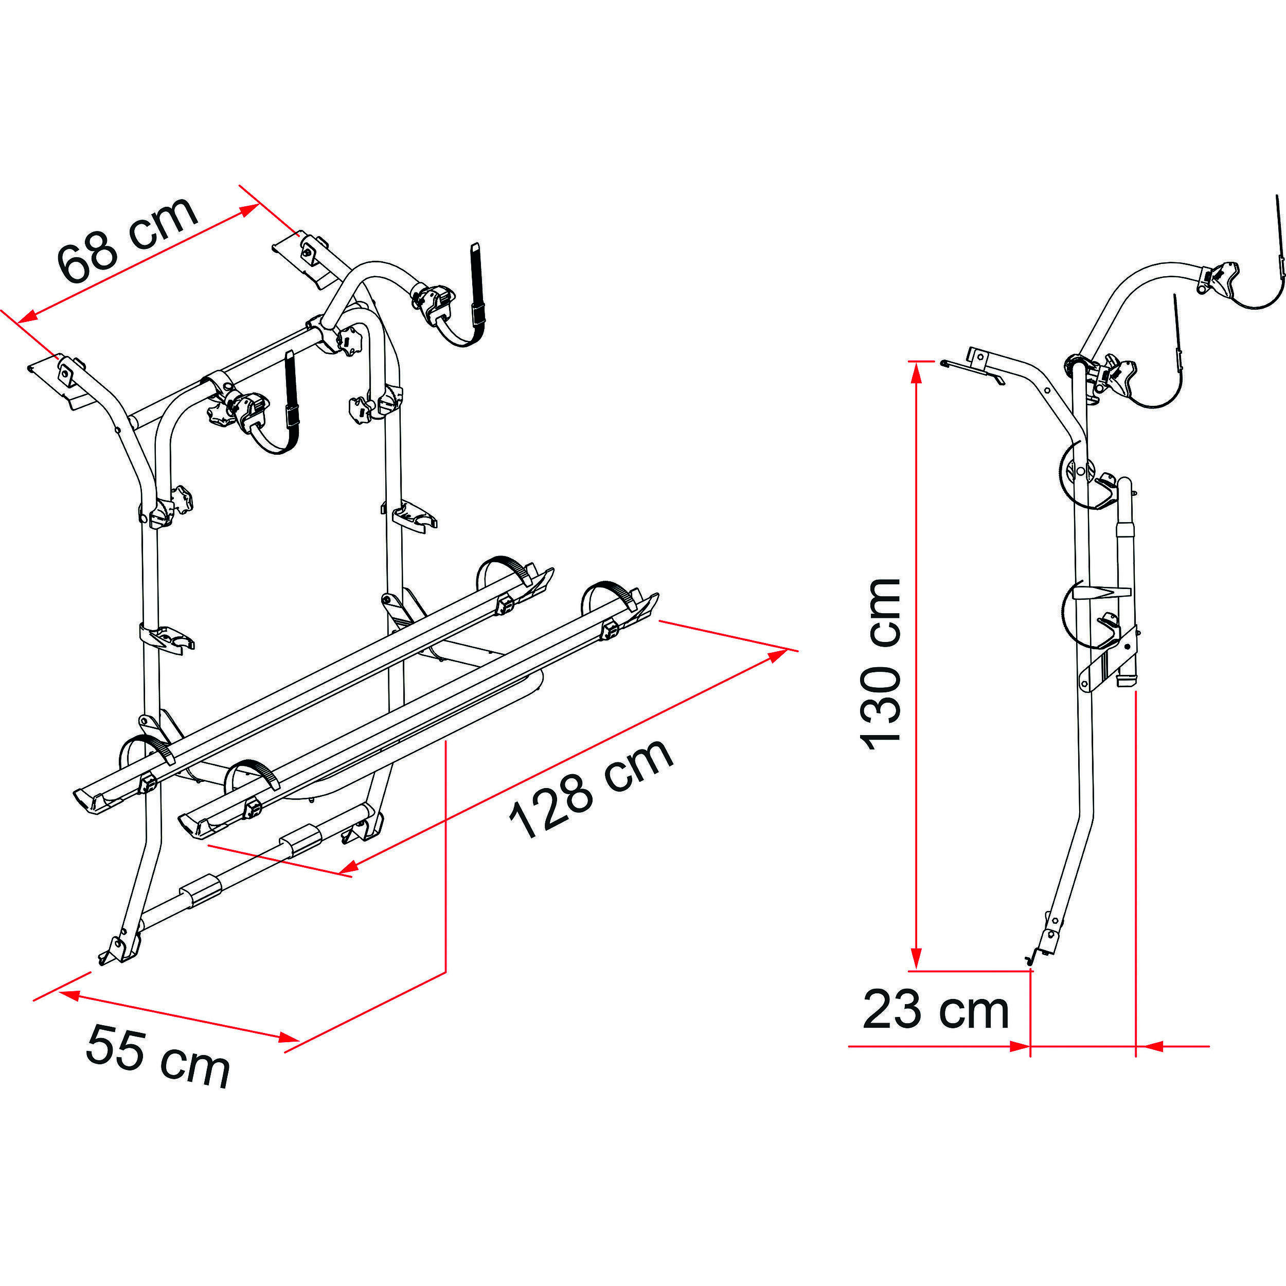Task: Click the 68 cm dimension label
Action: [x=128, y=238]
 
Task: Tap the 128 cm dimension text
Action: [x=591, y=788]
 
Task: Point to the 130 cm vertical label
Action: [x=881, y=664]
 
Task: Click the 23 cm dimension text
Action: [x=936, y=1010]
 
